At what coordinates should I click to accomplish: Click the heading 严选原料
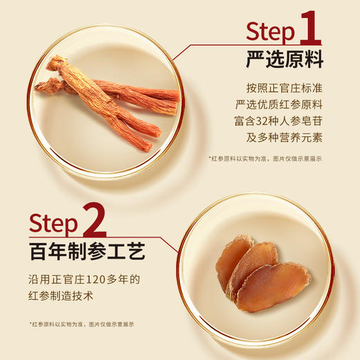pos(285,60)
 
